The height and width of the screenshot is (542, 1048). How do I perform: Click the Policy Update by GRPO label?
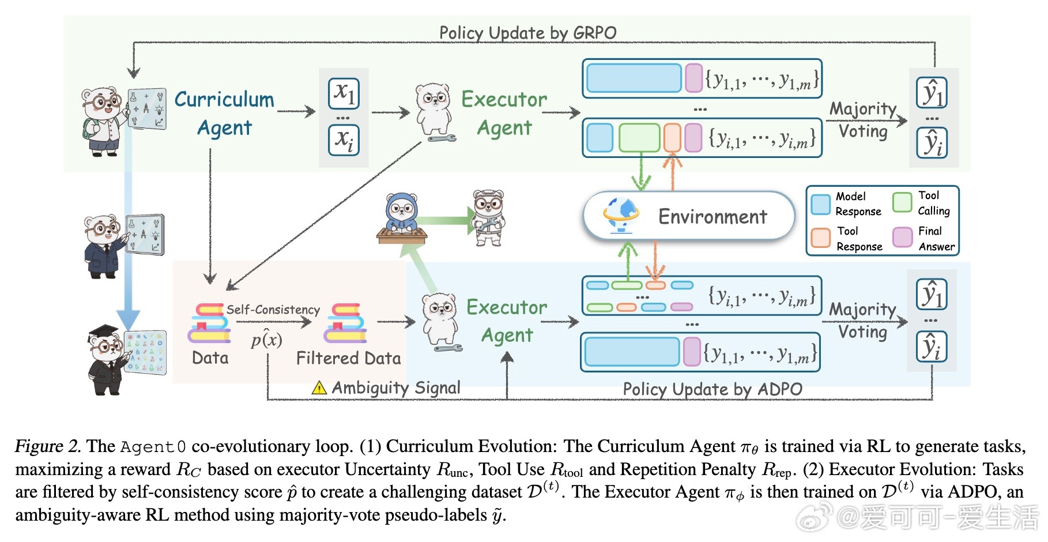[x=527, y=33]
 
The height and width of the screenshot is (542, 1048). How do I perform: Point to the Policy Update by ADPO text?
[x=712, y=389]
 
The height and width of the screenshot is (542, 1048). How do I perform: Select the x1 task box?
[x=344, y=93]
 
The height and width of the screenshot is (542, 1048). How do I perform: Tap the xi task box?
[x=344, y=140]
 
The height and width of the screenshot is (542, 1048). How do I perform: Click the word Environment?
[x=713, y=217]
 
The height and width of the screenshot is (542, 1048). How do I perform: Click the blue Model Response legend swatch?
[x=820, y=204]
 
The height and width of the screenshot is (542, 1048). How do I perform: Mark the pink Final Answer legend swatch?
[x=902, y=237]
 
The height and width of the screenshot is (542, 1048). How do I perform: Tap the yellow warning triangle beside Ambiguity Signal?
[x=319, y=388]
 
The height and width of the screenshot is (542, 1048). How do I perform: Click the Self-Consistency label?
[x=273, y=310]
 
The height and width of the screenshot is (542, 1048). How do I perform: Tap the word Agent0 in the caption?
[x=153, y=447]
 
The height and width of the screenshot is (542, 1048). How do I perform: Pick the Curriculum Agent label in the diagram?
[x=224, y=114]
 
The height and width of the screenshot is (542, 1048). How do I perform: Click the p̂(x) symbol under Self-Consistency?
[x=266, y=339]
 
